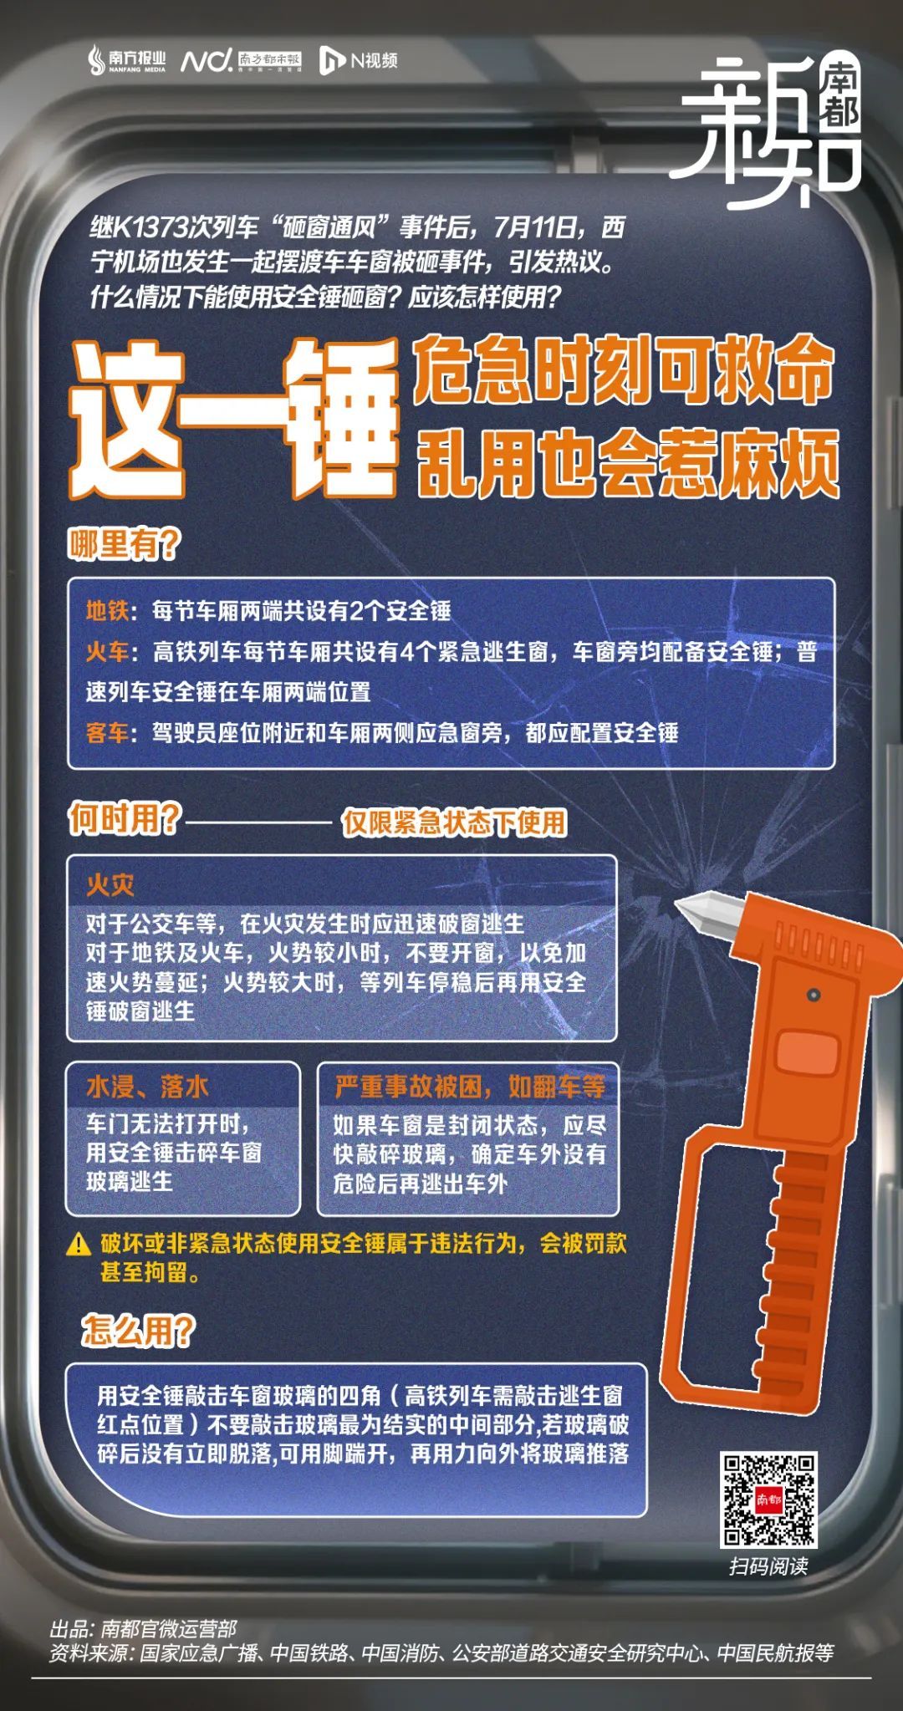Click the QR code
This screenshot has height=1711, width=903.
[x=769, y=1500]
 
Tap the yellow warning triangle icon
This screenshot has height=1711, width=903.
[x=79, y=1245]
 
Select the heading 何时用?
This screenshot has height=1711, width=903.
[x=125, y=819]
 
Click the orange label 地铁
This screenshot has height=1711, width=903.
[x=107, y=611]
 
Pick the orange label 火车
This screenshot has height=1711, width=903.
[x=107, y=652]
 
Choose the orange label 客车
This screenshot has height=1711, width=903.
[x=107, y=733]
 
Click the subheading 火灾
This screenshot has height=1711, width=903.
[x=110, y=885]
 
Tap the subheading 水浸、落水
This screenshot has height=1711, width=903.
[x=147, y=1087]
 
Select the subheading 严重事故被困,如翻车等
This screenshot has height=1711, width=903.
[x=470, y=1087]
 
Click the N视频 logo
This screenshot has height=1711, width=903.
[x=359, y=60]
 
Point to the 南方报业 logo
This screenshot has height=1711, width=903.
[x=128, y=60]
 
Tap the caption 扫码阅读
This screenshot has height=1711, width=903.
[x=768, y=1566]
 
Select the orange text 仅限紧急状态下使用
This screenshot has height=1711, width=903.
[x=454, y=823]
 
